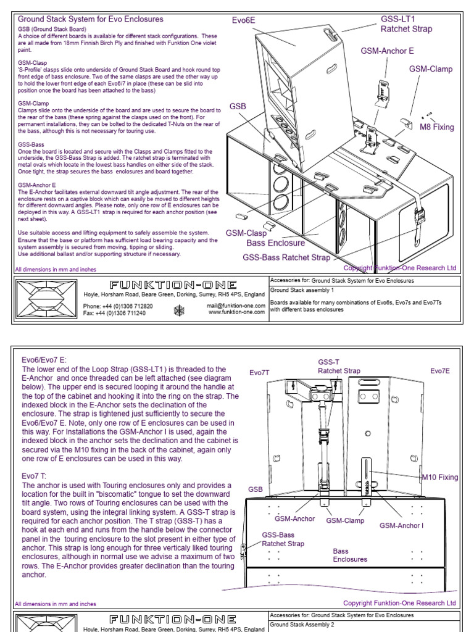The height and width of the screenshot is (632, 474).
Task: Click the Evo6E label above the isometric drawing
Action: tap(243, 20)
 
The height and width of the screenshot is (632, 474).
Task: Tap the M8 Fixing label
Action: tap(436, 127)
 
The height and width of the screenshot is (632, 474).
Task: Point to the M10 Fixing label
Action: tap(439, 477)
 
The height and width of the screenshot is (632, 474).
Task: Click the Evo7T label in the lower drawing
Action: tap(260, 373)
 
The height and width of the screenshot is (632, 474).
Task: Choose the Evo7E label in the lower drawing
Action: tap(440, 370)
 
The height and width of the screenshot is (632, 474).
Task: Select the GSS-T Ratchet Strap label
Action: tap(339, 367)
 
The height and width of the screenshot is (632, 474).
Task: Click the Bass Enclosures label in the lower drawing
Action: tap(350, 555)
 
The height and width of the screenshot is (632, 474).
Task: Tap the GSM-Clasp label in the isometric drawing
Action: tap(246, 233)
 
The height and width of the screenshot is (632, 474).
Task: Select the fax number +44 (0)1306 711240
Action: tap(115, 313)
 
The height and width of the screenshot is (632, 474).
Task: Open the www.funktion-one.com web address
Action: tap(237, 313)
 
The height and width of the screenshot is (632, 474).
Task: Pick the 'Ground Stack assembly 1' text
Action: tap(302, 289)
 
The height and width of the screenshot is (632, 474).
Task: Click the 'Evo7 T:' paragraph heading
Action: tap(34, 476)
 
